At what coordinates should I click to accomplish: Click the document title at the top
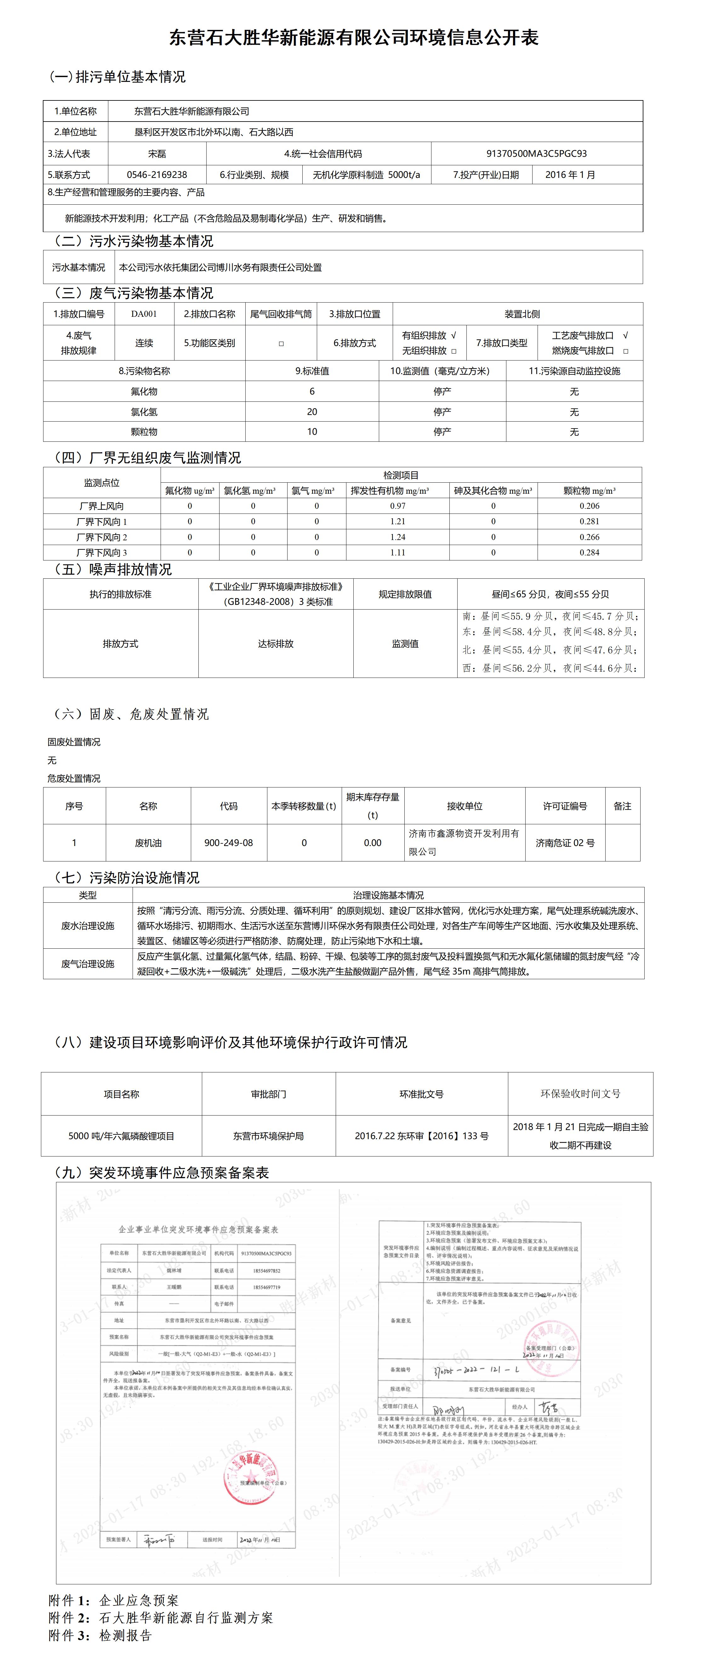[353, 37]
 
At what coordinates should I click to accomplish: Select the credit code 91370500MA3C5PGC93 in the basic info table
[536, 154]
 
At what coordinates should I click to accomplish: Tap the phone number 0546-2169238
[157, 174]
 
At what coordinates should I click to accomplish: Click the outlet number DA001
[144, 314]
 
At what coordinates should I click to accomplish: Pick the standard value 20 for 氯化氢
[312, 412]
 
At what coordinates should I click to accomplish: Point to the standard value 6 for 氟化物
[312, 392]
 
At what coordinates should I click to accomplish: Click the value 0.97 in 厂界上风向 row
[398, 506]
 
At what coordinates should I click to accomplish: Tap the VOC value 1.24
[398, 537]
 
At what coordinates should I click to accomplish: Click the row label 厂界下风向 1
[102, 521]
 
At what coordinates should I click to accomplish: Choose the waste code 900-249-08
[228, 843]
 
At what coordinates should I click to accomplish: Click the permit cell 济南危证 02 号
[565, 843]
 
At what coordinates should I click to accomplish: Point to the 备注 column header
[622, 806]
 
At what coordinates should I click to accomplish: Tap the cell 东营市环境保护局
[269, 1136]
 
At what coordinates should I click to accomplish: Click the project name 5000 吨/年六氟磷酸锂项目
[121, 1136]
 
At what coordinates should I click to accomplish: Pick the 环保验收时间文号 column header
[580, 1094]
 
